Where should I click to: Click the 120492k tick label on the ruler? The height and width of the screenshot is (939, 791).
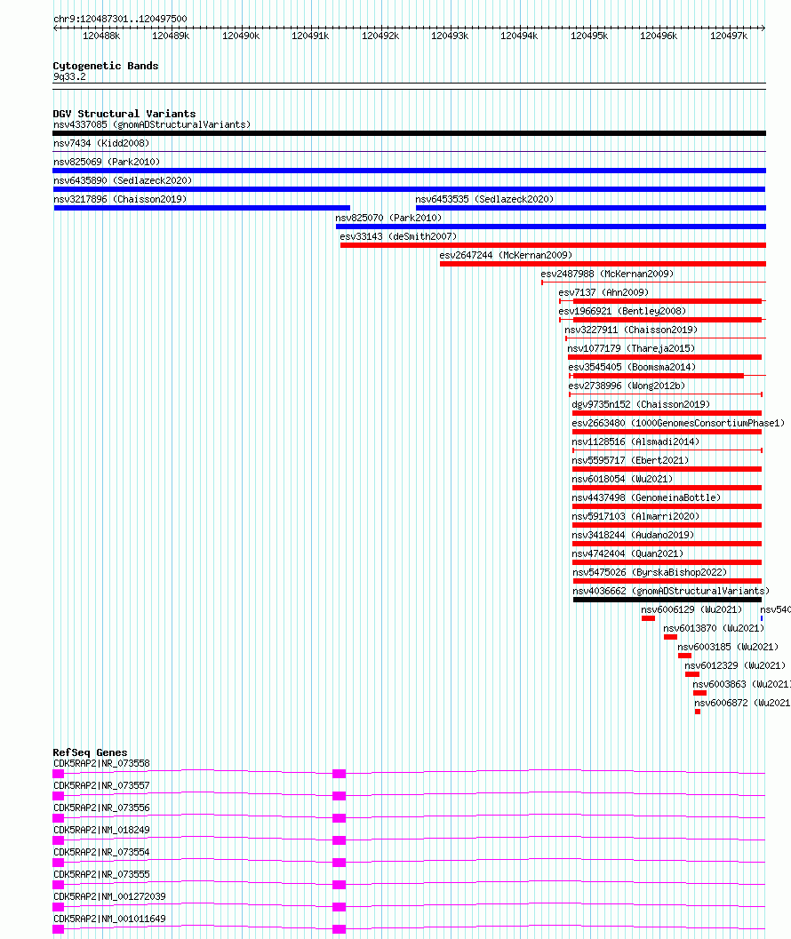point(380,36)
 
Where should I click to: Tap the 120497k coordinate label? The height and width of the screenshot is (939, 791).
point(729,36)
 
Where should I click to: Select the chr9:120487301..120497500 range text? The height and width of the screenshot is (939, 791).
point(120,19)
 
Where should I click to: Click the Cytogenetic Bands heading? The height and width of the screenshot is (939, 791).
point(106,66)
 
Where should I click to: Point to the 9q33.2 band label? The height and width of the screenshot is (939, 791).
point(69,76)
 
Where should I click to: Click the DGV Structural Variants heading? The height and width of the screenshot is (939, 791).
point(124,114)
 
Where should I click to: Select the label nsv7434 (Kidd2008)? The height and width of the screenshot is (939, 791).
point(101,143)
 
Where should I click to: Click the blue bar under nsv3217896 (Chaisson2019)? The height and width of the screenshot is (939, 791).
point(202,208)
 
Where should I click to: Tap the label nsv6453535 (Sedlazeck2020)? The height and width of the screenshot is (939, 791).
point(484,199)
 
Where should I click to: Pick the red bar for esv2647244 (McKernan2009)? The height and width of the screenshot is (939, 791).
point(603,264)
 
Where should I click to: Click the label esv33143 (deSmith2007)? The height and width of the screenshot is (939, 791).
point(398,236)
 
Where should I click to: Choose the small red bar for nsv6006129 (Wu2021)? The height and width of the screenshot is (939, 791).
point(649,618)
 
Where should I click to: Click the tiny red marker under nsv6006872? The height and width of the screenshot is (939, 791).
point(698,712)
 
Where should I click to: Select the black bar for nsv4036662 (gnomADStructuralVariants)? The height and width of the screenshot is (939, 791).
point(667,600)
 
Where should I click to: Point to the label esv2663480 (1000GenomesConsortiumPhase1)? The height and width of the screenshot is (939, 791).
point(678,423)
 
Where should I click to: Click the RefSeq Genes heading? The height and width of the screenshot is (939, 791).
point(90,752)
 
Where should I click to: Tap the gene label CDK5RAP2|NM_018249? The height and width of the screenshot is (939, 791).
point(101,830)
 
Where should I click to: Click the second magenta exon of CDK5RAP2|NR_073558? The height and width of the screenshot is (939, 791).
point(340,774)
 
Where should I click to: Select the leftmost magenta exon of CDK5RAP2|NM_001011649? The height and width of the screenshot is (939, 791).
point(58,929)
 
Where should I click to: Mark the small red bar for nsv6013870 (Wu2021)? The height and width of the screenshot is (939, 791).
point(670,637)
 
